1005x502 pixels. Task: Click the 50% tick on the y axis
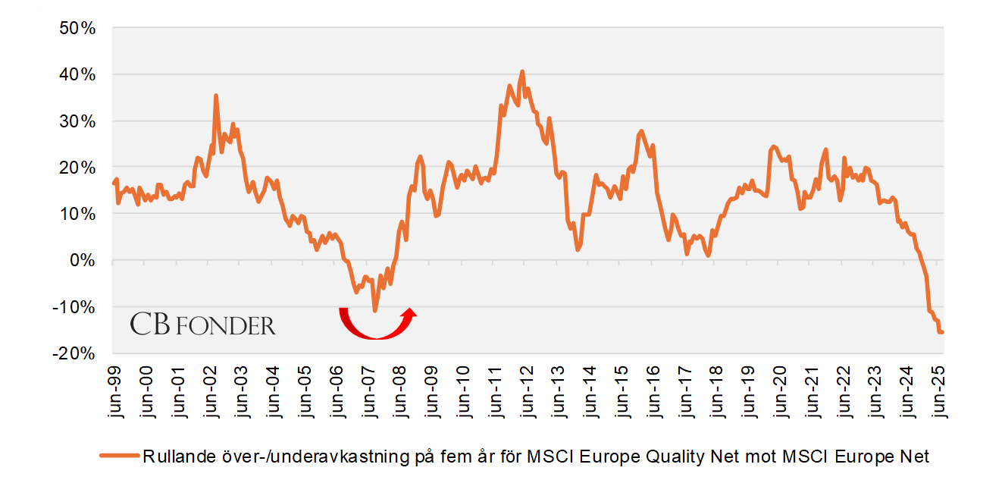tap(78, 29)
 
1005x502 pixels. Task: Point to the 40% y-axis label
tap(78, 75)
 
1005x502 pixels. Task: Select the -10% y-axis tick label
tap(75, 307)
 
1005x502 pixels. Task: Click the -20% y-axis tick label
tap(75, 353)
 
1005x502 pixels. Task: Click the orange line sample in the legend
tap(118, 457)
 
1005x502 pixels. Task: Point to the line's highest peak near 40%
tap(522, 72)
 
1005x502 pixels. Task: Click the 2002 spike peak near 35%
tap(216, 96)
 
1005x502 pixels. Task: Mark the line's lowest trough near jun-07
tap(374, 310)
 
